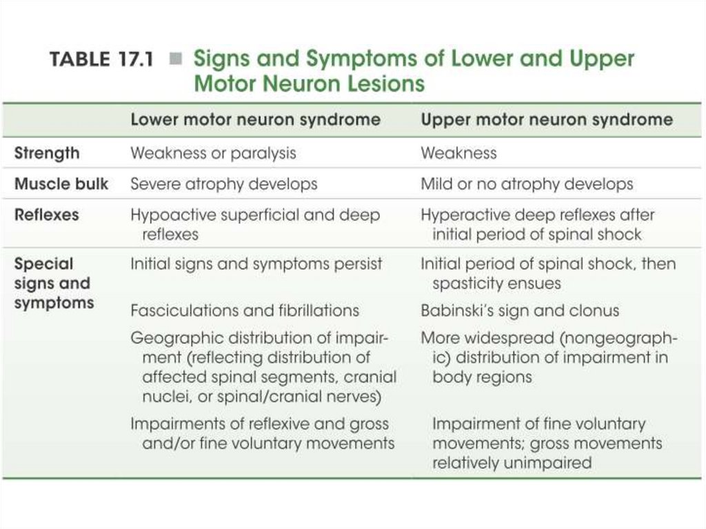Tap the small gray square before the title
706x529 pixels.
coord(176,60)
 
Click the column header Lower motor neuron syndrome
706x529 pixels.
coord(255,119)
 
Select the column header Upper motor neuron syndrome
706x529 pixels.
coord(546,119)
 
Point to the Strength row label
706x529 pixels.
coord(47,153)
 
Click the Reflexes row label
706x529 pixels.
coord(46,214)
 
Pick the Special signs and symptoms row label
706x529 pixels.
coord(52,283)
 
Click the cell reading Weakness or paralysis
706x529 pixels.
coord(213,153)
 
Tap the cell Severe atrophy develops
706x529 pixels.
coord(224,184)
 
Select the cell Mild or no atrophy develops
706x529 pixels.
coord(527,184)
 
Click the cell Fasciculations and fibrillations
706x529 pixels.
coord(245,310)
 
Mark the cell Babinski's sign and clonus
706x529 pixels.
coord(520,310)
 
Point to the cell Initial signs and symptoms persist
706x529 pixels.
coord(256,264)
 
